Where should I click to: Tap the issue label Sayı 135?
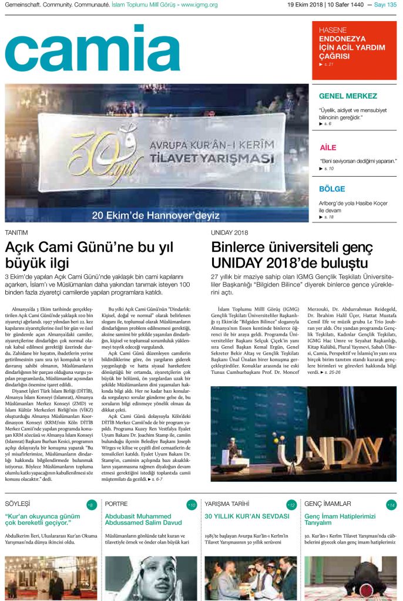tap(385, 5)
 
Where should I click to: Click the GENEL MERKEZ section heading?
tap(348, 96)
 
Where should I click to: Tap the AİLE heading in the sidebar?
tap(328, 147)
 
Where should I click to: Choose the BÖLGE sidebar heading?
tap(332, 189)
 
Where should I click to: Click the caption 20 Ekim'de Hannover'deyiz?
tap(155, 215)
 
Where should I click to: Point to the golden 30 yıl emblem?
tap(99, 157)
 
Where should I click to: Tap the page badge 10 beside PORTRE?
tap(192, 505)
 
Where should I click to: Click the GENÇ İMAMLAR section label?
tap(327, 504)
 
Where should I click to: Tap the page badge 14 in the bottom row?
tap(391, 505)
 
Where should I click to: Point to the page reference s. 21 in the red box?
tap(329, 64)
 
